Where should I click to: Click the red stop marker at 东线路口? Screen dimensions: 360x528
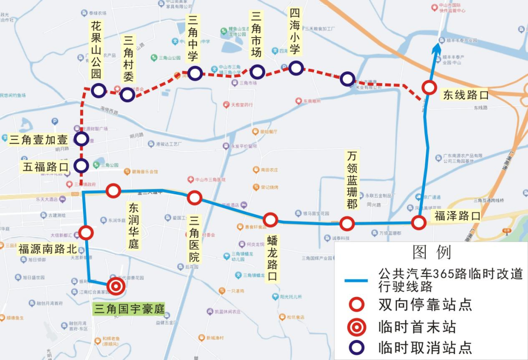[x=429, y=88]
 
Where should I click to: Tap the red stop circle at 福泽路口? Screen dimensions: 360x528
[x=418, y=223]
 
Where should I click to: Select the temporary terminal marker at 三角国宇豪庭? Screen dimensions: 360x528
[x=116, y=286]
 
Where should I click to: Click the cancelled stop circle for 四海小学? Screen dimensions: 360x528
[x=296, y=68]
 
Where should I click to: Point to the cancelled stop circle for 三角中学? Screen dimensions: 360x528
[x=195, y=73]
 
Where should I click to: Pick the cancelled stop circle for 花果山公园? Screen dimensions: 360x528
[x=98, y=90]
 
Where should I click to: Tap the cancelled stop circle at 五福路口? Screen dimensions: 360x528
[x=81, y=166]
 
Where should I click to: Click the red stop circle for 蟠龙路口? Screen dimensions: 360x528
[x=270, y=220]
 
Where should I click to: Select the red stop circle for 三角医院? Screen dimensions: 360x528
[x=195, y=198]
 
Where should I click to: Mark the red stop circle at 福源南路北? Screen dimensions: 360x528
[x=87, y=233]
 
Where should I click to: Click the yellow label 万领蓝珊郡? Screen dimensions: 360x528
[x=352, y=180]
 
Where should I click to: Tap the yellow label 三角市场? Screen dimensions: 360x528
[x=256, y=35]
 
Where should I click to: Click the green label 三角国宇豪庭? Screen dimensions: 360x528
[x=129, y=309]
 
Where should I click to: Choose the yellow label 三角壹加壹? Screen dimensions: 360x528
[x=38, y=140]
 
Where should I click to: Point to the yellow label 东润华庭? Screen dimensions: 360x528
[x=133, y=225]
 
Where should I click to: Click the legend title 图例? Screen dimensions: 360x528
[x=431, y=252]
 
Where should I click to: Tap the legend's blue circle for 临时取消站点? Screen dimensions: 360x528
[x=357, y=347]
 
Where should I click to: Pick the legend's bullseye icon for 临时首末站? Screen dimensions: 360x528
[x=357, y=326]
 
